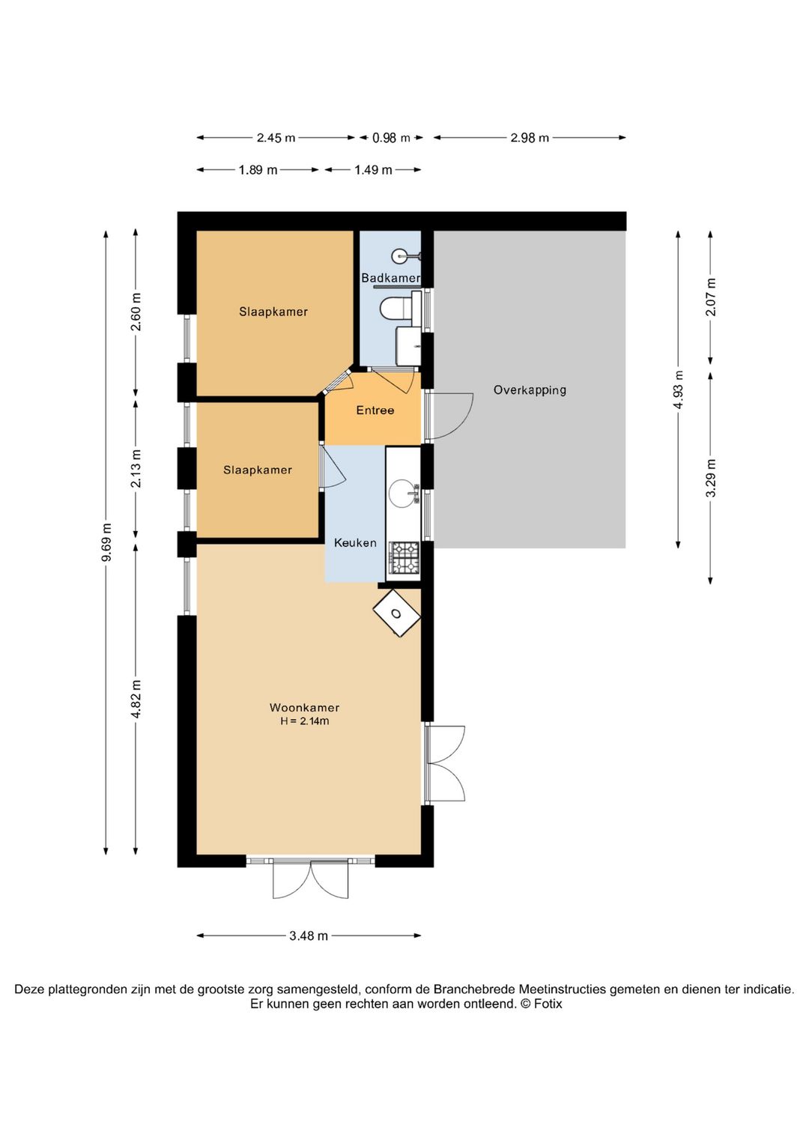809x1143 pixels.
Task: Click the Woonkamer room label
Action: tap(304, 707)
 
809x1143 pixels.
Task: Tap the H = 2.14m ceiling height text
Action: tap(304, 721)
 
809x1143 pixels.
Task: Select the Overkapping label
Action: tap(530, 390)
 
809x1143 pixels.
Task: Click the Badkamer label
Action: tap(390, 278)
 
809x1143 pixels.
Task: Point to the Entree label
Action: tap(375, 410)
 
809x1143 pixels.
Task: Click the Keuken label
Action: tap(355, 543)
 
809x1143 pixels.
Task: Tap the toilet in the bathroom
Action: tap(401, 307)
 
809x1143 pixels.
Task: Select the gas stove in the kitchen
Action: tap(404, 557)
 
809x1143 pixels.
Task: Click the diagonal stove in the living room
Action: tap(396, 613)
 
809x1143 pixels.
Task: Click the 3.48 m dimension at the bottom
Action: tap(309, 936)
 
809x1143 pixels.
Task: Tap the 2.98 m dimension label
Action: tap(530, 138)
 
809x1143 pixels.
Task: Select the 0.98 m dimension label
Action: tap(391, 138)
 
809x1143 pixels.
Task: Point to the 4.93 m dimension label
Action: tap(678, 389)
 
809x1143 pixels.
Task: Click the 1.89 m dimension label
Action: tap(258, 170)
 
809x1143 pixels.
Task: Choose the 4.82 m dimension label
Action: tap(136, 699)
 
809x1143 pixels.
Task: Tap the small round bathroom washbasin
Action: tap(400, 255)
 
